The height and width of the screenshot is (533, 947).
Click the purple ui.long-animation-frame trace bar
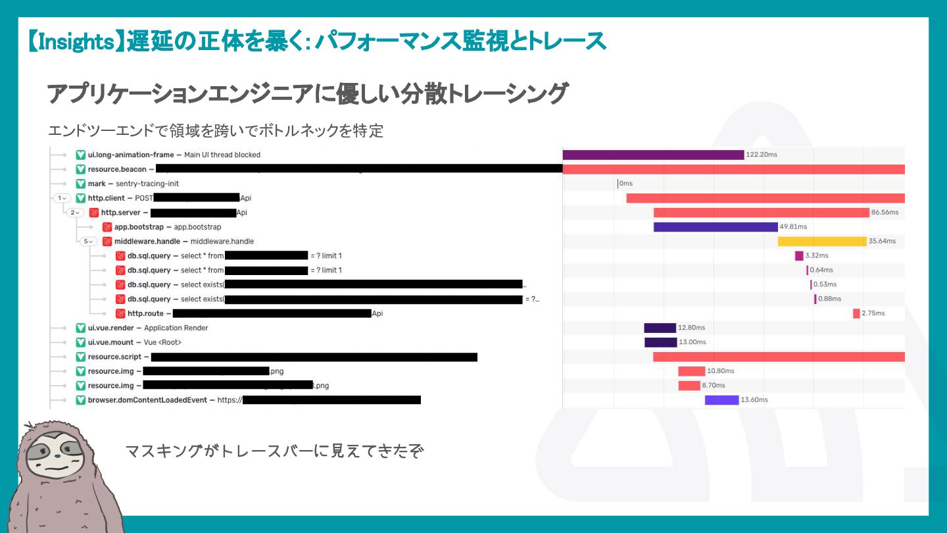653,155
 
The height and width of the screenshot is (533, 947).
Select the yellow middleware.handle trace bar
822,241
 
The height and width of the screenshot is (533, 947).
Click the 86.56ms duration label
885,213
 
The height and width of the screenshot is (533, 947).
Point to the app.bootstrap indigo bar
716,227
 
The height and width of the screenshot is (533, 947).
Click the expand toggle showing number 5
88,241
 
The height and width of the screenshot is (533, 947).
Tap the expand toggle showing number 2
75,213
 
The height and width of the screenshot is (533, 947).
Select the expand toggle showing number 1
62,198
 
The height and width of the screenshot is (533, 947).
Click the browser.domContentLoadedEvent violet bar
721,400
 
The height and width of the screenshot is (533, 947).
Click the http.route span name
145,314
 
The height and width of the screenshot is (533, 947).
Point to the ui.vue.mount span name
110,342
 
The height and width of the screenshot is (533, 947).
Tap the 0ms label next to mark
625,184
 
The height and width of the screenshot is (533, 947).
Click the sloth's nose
59,454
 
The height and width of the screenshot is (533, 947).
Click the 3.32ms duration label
816,256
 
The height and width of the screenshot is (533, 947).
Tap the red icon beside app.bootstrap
107,227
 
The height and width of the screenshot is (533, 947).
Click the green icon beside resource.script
81,357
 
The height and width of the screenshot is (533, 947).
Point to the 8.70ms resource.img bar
689,386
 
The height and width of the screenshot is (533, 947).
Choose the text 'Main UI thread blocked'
222,155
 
